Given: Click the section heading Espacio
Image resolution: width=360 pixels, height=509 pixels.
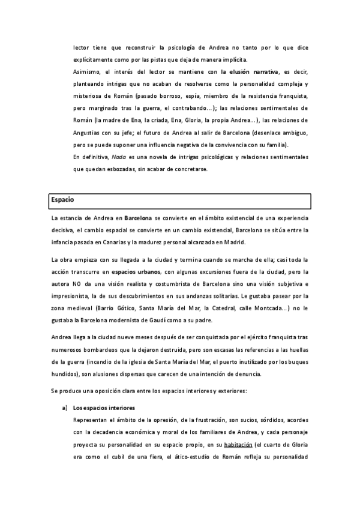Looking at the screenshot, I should tap(63, 199).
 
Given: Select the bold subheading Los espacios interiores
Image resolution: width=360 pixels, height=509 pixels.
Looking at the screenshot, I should tap(104, 408).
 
